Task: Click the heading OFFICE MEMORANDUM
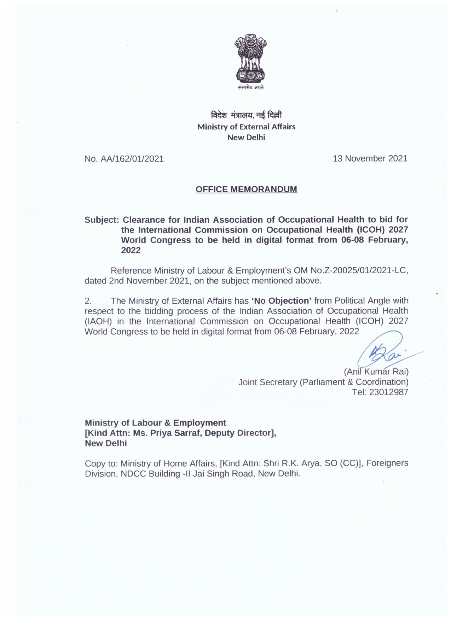click(x=246, y=189)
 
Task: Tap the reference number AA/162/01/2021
click(x=132, y=159)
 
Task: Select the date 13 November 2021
click(x=370, y=159)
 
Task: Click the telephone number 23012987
click(x=388, y=392)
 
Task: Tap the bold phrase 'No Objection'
click(x=281, y=301)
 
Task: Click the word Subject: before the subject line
click(x=101, y=220)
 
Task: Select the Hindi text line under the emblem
click(x=246, y=115)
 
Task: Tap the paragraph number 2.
click(x=88, y=301)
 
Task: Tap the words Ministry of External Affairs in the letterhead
click(x=246, y=127)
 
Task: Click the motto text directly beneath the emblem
click(x=250, y=87)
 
